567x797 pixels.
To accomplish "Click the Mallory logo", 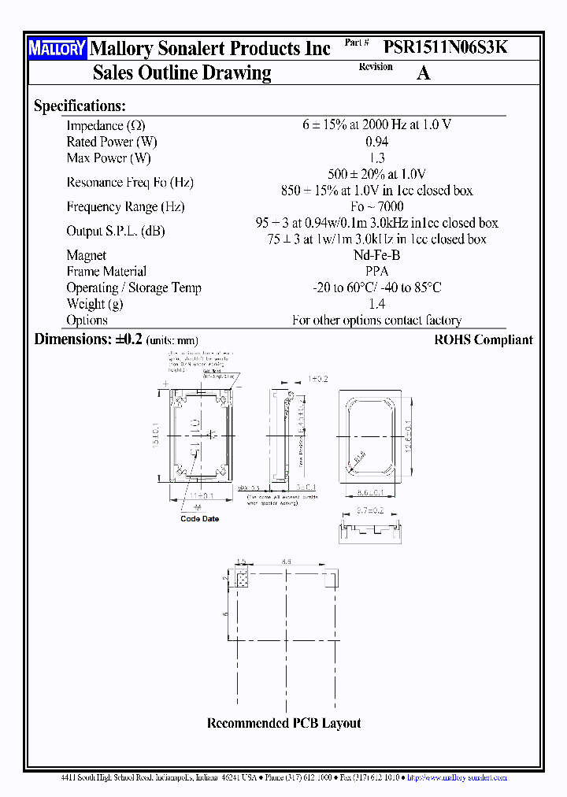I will pos(57,49).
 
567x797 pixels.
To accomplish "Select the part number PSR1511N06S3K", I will pos(446,47).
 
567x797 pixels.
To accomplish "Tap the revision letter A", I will pos(423,73).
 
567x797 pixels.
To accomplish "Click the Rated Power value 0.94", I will pos(376,142).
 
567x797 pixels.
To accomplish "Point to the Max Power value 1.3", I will pos(376,158).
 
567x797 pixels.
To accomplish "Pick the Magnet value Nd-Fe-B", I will pos(376,255).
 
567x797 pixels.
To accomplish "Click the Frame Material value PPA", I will pos(376,271).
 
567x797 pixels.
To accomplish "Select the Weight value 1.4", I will pos(376,304).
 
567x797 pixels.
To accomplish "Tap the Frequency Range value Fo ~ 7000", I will pos(376,206).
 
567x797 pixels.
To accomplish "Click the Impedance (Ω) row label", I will pos(106,126).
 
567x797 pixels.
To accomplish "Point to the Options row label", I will pos(87,320).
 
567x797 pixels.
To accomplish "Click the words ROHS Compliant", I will pos(483,340).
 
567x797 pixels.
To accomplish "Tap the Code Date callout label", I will pos(199,519).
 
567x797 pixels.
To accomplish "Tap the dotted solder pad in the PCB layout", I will pos(242,580).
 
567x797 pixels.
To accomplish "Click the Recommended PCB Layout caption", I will pos(283,723).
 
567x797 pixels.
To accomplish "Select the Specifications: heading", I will pos(80,106).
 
